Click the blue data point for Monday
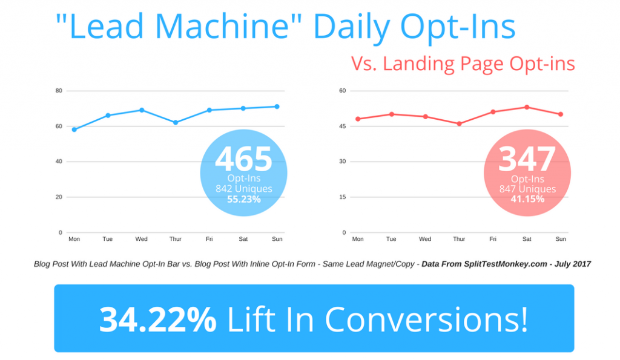(74, 129)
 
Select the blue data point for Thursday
(176, 123)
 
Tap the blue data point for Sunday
(277, 106)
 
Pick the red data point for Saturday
(527, 107)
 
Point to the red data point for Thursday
(459, 124)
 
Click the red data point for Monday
(358, 119)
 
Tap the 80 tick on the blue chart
(59, 91)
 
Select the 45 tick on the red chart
(342, 126)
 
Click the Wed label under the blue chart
(142, 239)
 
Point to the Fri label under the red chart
(493, 239)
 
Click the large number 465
(244, 159)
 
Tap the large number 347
(527, 159)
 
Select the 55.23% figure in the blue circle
(244, 198)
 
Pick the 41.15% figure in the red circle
(527, 198)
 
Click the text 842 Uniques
(244, 189)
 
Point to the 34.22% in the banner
(157, 319)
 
